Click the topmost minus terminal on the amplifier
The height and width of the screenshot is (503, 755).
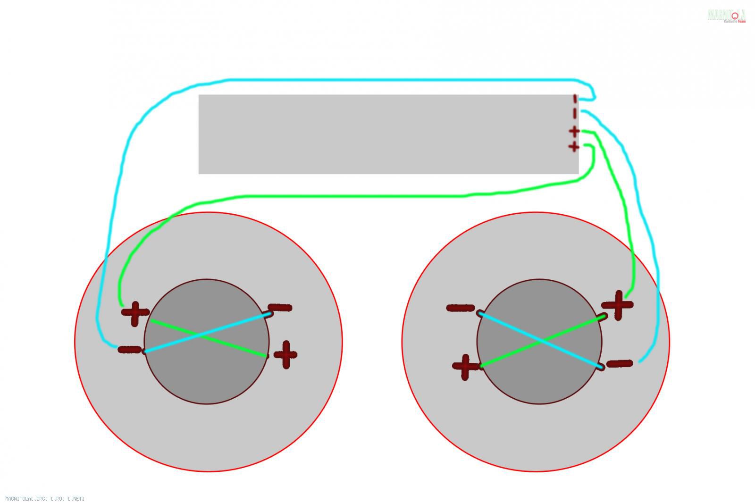(575, 99)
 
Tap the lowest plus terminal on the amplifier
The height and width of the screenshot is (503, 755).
(574, 147)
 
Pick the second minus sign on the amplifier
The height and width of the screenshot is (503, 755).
(575, 113)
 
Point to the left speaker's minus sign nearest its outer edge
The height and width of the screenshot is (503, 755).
(130, 350)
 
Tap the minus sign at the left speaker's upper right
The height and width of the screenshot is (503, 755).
(280, 308)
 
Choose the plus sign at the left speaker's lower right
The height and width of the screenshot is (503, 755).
(285, 354)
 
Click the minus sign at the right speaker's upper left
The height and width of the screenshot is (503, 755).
(460, 308)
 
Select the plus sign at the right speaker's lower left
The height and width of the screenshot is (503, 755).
(465, 367)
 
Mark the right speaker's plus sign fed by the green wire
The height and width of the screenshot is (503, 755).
(618, 305)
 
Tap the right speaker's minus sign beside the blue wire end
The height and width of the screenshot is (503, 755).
(619, 363)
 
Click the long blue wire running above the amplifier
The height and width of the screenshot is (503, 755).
(377, 80)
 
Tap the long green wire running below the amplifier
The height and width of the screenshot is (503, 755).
(354, 196)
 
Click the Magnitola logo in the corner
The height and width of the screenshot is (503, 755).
(727, 16)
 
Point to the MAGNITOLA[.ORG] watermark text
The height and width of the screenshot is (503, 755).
(45, 498)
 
